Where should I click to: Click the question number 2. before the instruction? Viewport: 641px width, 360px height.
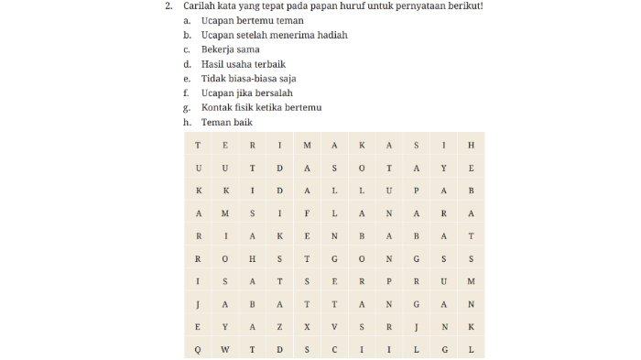pyautogui.click(x=168, y=6)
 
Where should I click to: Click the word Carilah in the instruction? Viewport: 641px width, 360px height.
pyautogui.click(x=198, y=6)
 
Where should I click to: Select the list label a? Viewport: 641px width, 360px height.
pyautogui.click(x=187, y=20)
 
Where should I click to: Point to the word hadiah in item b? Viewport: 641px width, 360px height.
pyautogui.click(x=331, y=35)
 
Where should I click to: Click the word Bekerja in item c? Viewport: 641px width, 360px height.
pyautogui.click(x=218, y=49)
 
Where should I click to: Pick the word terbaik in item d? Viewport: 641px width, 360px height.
pyautogui.click(x=270, y=64)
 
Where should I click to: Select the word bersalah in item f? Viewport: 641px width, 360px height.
pyautogui.click(x=273, y=93)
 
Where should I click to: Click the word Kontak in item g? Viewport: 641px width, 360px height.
pyautogui.click(x=217, y=107)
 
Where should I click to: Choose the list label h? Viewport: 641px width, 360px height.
pyautogui.click(x=187, y=122)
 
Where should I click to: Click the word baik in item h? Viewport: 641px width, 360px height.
pyautogui.click(x=242, y=122)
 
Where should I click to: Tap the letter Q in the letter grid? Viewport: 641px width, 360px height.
pyautogui.click(x=198, y=349)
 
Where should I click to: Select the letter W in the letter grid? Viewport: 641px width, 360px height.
pyautogui.click(x=225, y=349)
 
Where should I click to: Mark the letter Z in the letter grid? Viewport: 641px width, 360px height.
pyautogui.click(x=279, y=326)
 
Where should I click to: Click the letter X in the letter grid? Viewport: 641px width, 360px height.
pyautogui.click(x=307, y=326)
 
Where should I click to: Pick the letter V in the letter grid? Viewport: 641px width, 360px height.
pyautogui.click(x=334, y=326)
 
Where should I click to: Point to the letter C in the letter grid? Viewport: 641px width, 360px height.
pyautogui.click(x=334, y=349)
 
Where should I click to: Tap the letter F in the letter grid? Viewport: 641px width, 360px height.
pyautogui.click(x=307, y=213)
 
